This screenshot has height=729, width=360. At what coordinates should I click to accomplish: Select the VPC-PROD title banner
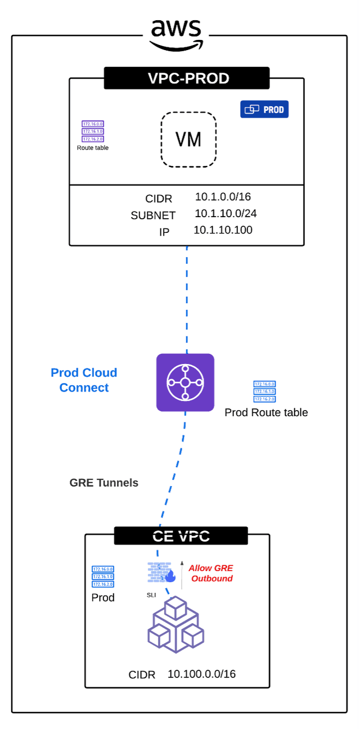click(x=187, y=78)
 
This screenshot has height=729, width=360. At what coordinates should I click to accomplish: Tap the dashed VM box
click(x=188, y=139)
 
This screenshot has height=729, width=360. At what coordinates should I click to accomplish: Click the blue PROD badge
click(x=264, y=109)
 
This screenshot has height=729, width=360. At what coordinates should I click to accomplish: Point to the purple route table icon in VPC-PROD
click(x=93, y=132)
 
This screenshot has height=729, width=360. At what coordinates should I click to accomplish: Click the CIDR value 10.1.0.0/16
click(x=223, y=197)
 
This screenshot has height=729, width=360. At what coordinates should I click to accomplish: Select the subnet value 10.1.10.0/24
click(x=226, y=214)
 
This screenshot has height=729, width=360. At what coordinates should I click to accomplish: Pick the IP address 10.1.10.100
click(x=223, y=230)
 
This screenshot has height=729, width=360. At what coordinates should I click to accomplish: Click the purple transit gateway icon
click(x=185, y=382)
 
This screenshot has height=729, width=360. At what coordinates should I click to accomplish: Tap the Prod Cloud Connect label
click(x=84, y=380)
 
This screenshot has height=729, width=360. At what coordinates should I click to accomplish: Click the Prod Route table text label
click(x=266, y=412)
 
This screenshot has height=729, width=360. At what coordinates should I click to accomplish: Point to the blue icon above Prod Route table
click(x=264, y=391)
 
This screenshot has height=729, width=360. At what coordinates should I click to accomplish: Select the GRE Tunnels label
click(x=103, y=483)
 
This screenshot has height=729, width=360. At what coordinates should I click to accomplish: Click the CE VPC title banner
click(x=181, y=535)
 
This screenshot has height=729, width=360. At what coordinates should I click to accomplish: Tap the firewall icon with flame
click(x=162, y=573)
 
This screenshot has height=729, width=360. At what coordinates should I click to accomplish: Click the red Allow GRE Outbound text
click(x=211, y=573)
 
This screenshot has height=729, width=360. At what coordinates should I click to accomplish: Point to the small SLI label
click(x=151, y=595)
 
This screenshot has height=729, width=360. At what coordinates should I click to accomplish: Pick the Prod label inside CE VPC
click(x=103, y=597)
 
